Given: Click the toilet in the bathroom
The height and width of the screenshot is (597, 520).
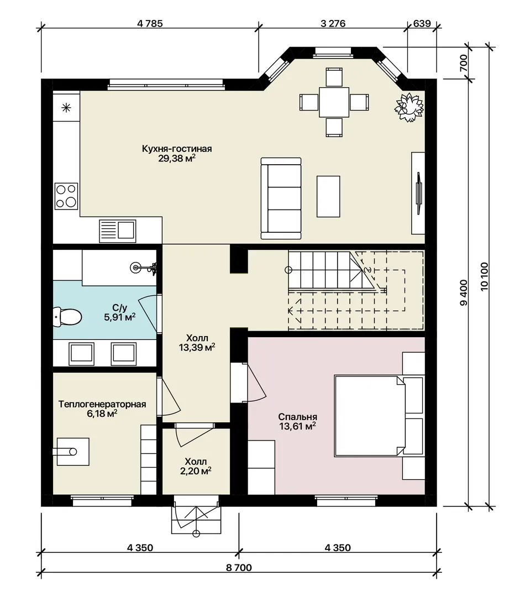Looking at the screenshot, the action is coord(67,317).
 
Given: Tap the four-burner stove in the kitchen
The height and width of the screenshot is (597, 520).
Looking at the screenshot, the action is coord(66,196).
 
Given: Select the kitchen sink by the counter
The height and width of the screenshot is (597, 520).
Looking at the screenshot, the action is coord(117,231).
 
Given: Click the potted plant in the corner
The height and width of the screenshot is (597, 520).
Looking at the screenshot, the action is coord(409,107).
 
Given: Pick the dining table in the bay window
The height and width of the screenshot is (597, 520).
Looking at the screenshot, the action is coord(334,102).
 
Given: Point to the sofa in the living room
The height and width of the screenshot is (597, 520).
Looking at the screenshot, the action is coord(281,198).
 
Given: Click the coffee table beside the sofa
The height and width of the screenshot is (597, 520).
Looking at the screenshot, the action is coord(328,196).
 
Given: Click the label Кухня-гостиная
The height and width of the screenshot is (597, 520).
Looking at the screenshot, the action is coord(177,149).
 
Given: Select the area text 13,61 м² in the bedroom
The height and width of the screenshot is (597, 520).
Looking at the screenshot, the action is coord(298,426).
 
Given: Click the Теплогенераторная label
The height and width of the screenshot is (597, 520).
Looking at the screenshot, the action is coord(102,404).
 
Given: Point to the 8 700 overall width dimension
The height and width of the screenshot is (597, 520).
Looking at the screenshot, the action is coord(239,568).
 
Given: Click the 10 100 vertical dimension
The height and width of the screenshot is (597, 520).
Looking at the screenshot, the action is coord(484,277).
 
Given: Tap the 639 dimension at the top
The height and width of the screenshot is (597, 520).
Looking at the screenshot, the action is coord(422,24).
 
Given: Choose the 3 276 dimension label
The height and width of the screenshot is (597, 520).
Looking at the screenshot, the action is coord(333,24).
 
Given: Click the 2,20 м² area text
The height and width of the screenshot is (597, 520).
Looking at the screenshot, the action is coord(196,472).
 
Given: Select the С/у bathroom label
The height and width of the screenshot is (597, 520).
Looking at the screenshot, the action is coord(119,307).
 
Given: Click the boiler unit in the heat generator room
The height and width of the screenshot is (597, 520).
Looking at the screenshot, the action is coord(73,452).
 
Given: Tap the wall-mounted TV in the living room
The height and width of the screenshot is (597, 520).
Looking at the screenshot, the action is coord(418,193).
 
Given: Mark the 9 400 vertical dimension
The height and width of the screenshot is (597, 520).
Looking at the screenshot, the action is coord(463,292).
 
